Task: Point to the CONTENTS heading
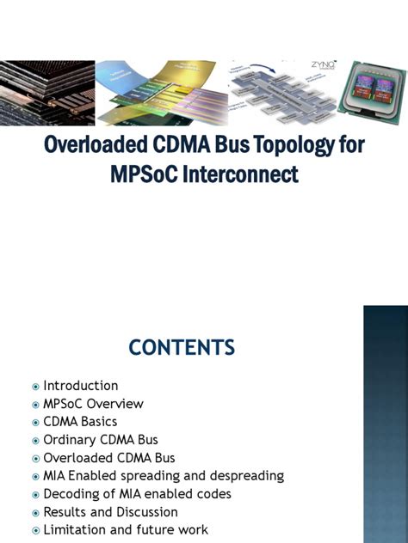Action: click(x=182, y=347)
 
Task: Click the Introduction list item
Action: click(x=81, y=386)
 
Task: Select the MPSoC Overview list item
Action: click(x=93, y=404)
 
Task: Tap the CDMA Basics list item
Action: click(x=80, y=422)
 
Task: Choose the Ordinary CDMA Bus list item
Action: click(x=101, y=440)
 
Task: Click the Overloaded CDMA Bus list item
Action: click(x=109, y=458)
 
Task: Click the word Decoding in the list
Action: click(x=71, y=494)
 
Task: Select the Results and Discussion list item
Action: click(x=110, y=512)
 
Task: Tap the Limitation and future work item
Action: click(x=126, y=530)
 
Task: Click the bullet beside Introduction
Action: click(x=35, y=387)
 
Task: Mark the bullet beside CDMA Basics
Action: click(x=35, y=423)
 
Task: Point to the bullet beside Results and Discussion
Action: click(x=35, y=513)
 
